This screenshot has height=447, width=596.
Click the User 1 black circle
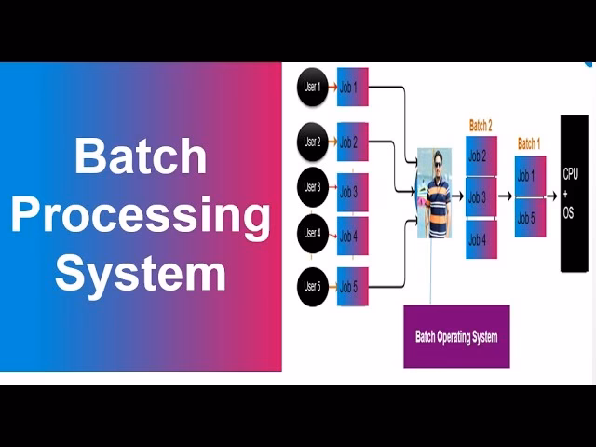312,87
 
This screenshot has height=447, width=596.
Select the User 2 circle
312,142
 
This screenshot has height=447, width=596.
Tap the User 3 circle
312,187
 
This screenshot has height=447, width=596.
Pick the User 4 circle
312,233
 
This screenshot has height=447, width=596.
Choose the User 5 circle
312,286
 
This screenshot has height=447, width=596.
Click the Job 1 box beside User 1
353,87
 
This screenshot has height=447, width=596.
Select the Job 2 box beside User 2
353,142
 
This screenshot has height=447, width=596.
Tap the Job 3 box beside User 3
353,192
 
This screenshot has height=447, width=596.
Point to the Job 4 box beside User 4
353,236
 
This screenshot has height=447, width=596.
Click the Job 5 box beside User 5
353,286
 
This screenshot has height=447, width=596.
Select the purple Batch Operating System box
456,336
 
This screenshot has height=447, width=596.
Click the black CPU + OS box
574,193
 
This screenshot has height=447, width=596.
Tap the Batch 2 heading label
481,125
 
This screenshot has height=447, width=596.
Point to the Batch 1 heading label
529,143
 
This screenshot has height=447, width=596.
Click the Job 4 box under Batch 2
481,239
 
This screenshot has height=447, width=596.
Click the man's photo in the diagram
434,193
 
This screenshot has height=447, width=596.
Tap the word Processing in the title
140,215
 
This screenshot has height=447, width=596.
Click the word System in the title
140,274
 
